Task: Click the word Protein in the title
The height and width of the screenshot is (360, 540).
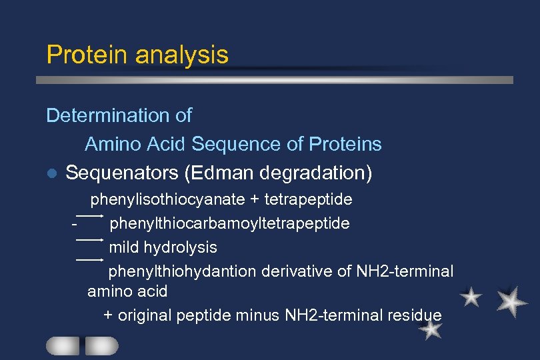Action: pos(86,55)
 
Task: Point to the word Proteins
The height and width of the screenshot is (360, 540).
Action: pos(345,144)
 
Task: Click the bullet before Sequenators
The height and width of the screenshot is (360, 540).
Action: pos(52,174)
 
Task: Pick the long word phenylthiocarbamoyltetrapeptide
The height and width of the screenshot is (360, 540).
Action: pos(229,223)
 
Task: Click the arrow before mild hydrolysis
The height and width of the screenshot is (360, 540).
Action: pos(89,239)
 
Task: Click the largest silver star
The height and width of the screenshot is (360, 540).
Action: pos(511,301)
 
